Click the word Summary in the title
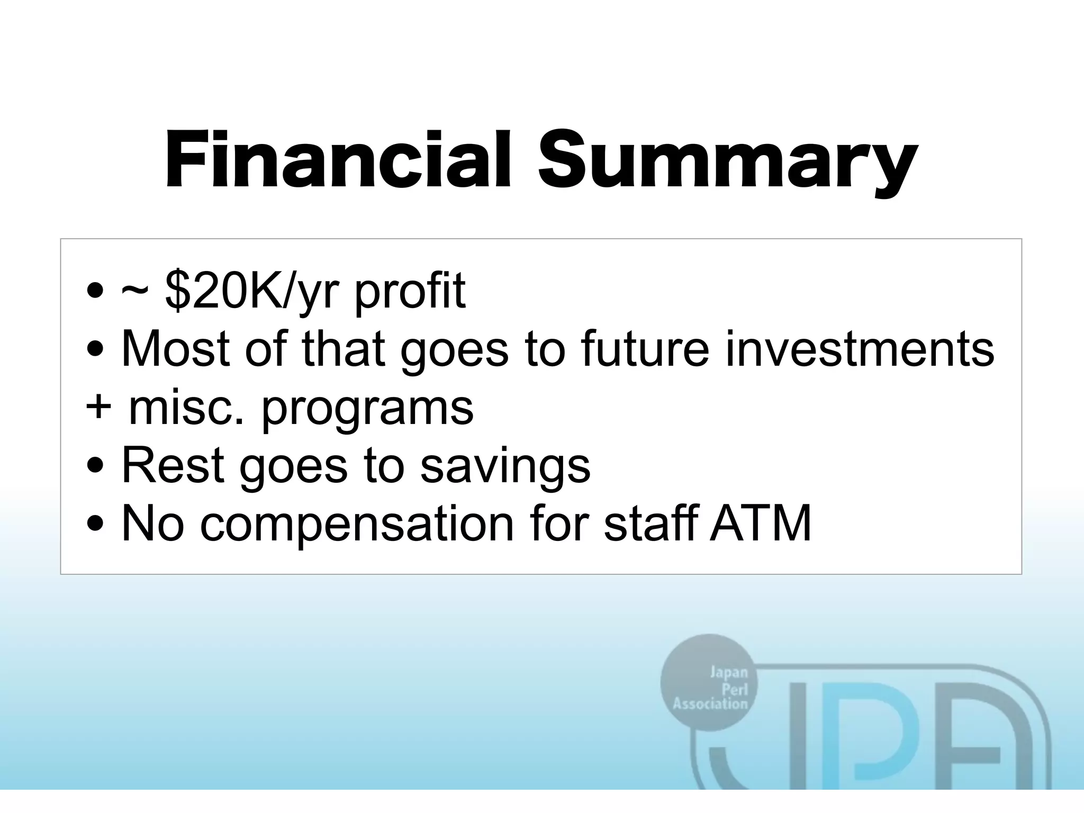(726, 161)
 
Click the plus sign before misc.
(98, 408)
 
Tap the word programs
(367, 410)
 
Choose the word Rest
(173, 465)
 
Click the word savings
(505, 468)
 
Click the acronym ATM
(760, 523)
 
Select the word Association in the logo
(710, 704)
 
